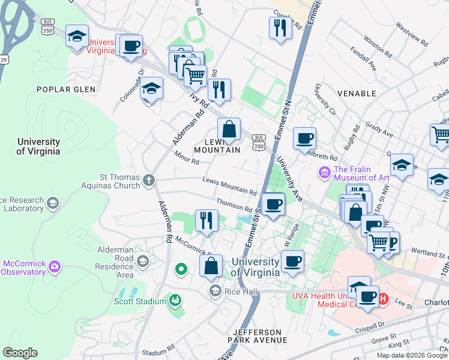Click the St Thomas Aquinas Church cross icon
[149, 179]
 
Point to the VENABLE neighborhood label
[357, 94]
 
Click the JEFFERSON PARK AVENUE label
[258, 336]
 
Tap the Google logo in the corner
[20, 353]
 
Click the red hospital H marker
[384, 298]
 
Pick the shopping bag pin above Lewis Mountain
[229, 129]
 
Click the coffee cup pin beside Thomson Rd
[273, 205]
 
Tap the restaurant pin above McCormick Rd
[204, 220]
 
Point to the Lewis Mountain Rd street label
[230, 186]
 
